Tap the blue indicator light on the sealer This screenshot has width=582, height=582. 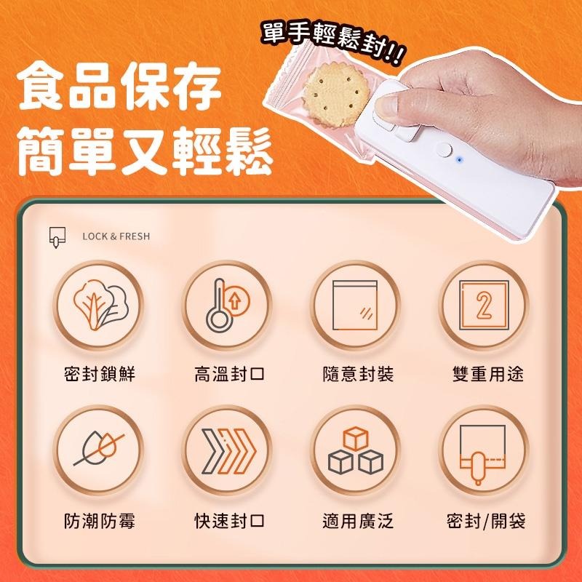tap(459, 158)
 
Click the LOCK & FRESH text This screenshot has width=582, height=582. tap(116, 236)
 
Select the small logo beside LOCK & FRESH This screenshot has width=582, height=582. tap(55, 237)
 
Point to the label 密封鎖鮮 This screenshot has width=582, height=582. tap(100, 375)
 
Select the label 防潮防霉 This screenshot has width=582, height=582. tap(100, 521)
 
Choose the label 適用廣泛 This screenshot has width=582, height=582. tap(357, 521)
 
